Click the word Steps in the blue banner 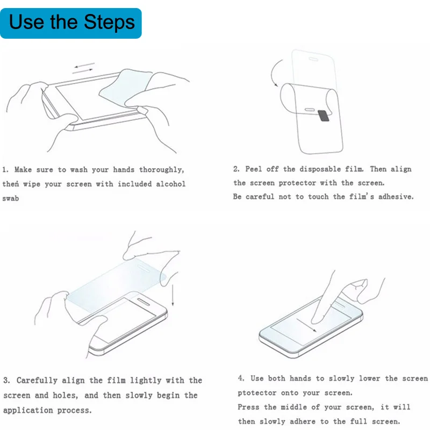109,23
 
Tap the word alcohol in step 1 171,184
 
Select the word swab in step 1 11,198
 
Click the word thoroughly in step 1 161,170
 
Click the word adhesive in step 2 396,196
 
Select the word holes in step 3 65,395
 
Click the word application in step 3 28,411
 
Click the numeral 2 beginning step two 236,169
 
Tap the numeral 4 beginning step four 241,378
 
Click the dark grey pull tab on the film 324,116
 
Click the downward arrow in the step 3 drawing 173,295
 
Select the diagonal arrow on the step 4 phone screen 306,325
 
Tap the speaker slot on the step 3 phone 144,302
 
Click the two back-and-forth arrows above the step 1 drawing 84,68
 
